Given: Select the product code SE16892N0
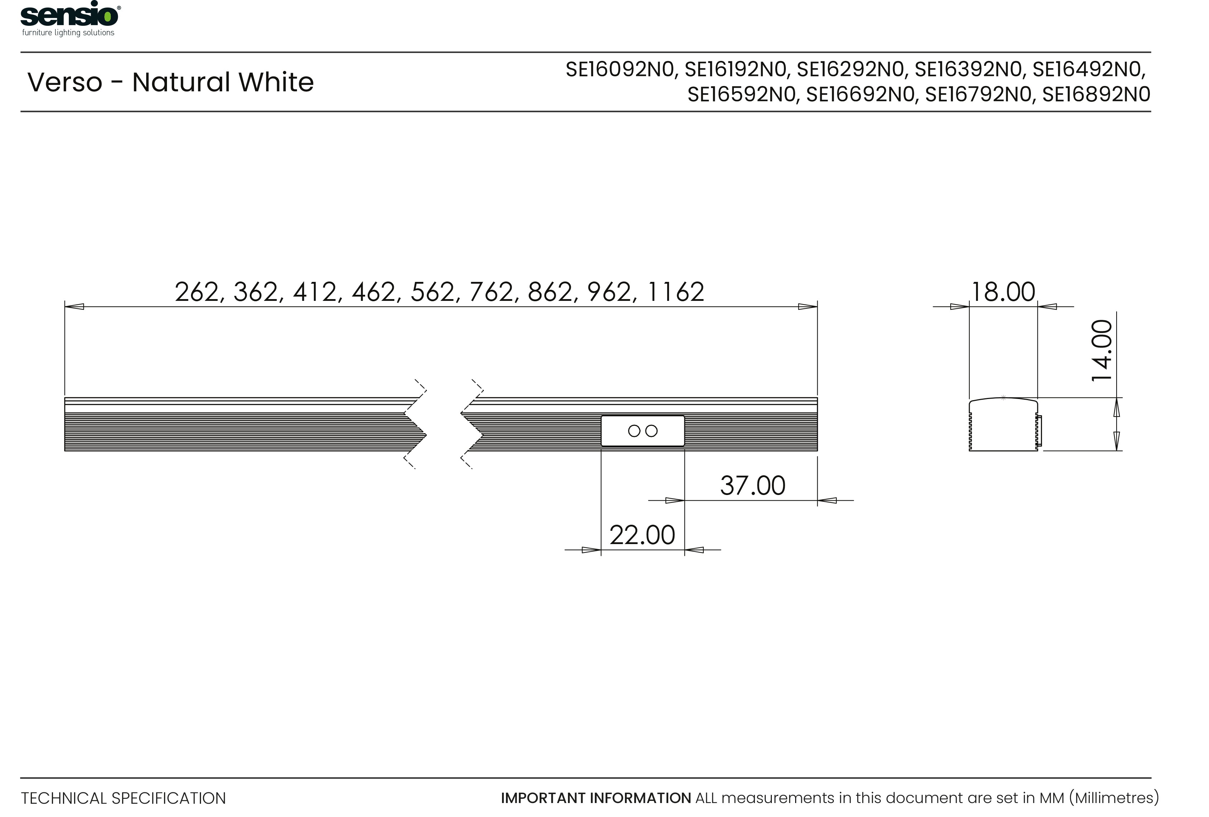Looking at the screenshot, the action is click(1096, 95).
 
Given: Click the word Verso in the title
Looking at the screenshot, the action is click(64, 82).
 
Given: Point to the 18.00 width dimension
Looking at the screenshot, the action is click(1003, 292).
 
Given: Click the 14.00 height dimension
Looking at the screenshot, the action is click(1102, 351).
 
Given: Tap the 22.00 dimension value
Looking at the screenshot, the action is click(642, 535).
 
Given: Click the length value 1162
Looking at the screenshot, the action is click(676, 292).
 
